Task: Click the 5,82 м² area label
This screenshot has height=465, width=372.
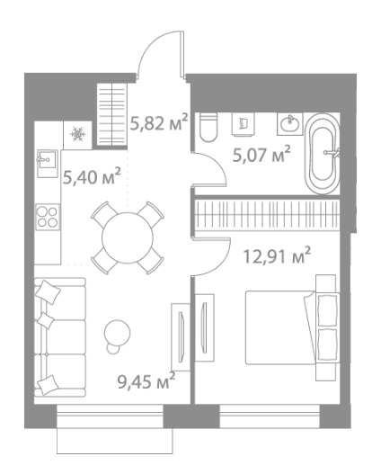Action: coord(159,122)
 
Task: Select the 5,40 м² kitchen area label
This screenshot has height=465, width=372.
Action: coord(92,176)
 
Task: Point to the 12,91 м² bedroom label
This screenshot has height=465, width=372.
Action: coord(277,255)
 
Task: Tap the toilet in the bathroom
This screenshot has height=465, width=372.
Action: coord(208,127)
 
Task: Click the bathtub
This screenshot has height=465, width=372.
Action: coord(322,154)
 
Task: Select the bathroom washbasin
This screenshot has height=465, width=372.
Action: coord(290,123)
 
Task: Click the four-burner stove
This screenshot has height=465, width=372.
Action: coord(48,217)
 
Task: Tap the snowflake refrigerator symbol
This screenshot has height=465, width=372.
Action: coord(77,134)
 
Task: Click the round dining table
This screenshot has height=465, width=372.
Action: coord(128,237)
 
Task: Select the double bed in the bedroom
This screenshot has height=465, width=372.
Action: coord(291,327)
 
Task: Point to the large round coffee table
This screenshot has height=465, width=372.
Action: coord(118,333)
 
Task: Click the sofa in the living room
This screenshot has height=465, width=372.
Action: coord(60,337)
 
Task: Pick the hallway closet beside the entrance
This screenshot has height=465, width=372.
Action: coord(112,114)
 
